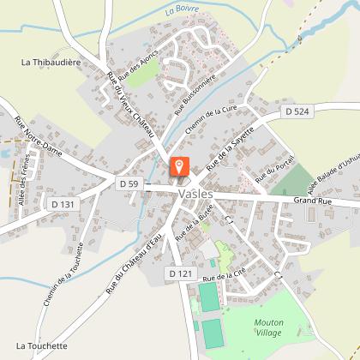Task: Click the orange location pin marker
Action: (179, 166)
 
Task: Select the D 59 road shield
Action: (129, 183)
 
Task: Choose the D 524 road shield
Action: (297, 112)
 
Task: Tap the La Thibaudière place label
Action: (51, 63)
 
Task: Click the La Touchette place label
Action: (41, 346)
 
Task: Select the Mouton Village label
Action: (274, 328)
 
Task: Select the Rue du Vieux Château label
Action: (129, 103)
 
